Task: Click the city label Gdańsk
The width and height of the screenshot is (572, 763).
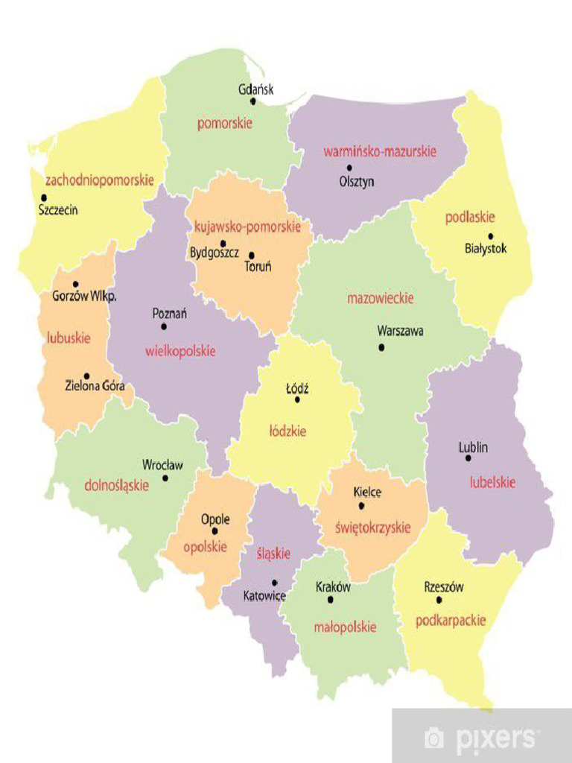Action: coord(255,89)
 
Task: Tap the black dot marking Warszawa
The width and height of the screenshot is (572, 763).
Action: coord(381,347)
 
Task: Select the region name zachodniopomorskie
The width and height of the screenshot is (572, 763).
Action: coord(100,180)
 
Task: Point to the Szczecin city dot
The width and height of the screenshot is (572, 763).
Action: coord(44,197)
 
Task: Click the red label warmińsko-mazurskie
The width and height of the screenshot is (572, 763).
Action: coord(380,151)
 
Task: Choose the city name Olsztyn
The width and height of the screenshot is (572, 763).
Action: coord(357,182)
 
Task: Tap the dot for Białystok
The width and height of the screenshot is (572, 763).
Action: coord(490,236)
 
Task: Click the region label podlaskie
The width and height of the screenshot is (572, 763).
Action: coord(470,218)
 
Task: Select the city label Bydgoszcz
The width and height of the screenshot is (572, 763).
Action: coord(214,253)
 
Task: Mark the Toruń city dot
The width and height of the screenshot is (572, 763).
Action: coord(252,255)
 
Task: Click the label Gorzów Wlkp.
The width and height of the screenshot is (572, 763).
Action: coord(85,296)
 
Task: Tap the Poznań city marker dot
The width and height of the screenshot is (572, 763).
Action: coord(164,326)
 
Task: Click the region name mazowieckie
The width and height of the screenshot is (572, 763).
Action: coord(380,299)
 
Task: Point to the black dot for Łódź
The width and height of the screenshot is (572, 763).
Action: coord(297,399)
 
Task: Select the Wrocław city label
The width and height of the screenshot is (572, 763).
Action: coord(162,465)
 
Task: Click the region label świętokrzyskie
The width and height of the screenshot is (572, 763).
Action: coord(367,528)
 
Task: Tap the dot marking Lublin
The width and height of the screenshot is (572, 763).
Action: coord(468,458)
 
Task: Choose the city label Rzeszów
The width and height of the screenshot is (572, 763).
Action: coord(444,587)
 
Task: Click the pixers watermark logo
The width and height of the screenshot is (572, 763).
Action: coord(480,738)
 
